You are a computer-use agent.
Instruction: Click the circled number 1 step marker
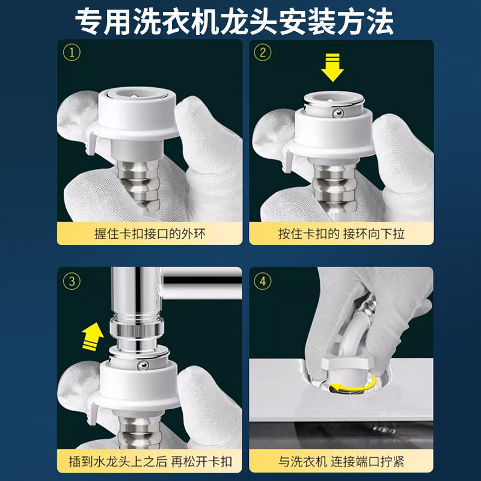pyautogui.click(x=72, y=52)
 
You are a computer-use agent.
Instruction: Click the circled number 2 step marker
pyautogui.click(x=263, y=52)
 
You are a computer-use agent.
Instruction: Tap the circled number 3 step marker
pyautogui.click(x=72, y=281)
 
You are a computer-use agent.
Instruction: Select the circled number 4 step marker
pyautogui.click(x=263, y=281)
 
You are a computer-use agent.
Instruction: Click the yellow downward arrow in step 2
pyautogui.click(x=332, y=67)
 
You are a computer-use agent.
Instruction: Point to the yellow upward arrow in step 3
pyautogui.click(x=93, y=337)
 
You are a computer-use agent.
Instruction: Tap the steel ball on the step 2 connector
pyautogui.click(x=338, y=114)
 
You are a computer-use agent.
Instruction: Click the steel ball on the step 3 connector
pyautogui.click(x=142, y=365)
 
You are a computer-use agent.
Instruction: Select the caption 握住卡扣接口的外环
pyautogui.click(x=150, y=234)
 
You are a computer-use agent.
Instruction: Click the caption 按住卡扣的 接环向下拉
pyautogui.click(x=341, y=234)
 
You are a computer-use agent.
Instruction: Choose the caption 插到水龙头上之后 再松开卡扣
pyautogui.click(x=150, y=462)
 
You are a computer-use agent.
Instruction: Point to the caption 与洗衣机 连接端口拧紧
pyautogui.click(x=341, y=462)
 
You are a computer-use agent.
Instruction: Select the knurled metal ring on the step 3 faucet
pyautogui.click(x=137, y=329)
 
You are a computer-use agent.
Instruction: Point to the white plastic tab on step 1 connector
pyautogui.click(x=91, y=142)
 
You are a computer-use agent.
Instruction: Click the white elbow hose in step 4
pyautogui.click(x=353, y=331)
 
